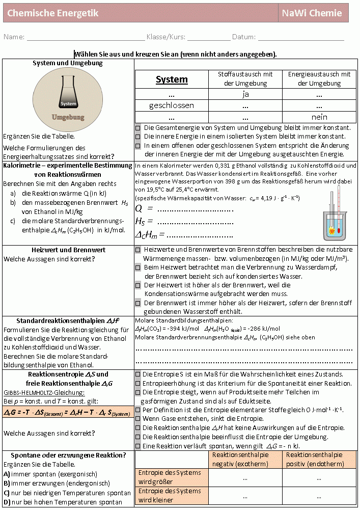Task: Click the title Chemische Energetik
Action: (x=53, y=13)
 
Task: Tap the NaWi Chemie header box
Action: (x=313, y=13)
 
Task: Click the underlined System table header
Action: (x=172, y=79)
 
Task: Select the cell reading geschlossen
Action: (x=172, y=105)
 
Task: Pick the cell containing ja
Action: (x=245, y=94)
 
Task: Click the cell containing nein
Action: (x=319, y=117)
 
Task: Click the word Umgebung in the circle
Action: (x=68, y=117)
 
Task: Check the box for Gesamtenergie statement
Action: (x=138, y=128)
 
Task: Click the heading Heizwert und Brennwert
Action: (x=68, y=250)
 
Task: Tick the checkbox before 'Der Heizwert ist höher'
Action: (x=138, y=285)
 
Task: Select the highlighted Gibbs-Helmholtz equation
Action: (x=68, y=413)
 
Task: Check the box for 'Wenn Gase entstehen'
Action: (x=138, y=418)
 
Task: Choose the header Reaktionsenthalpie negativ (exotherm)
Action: (x=246, y=459)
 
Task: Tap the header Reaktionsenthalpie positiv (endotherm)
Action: (x=319, y=459)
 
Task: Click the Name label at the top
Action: (x=14, y=37)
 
